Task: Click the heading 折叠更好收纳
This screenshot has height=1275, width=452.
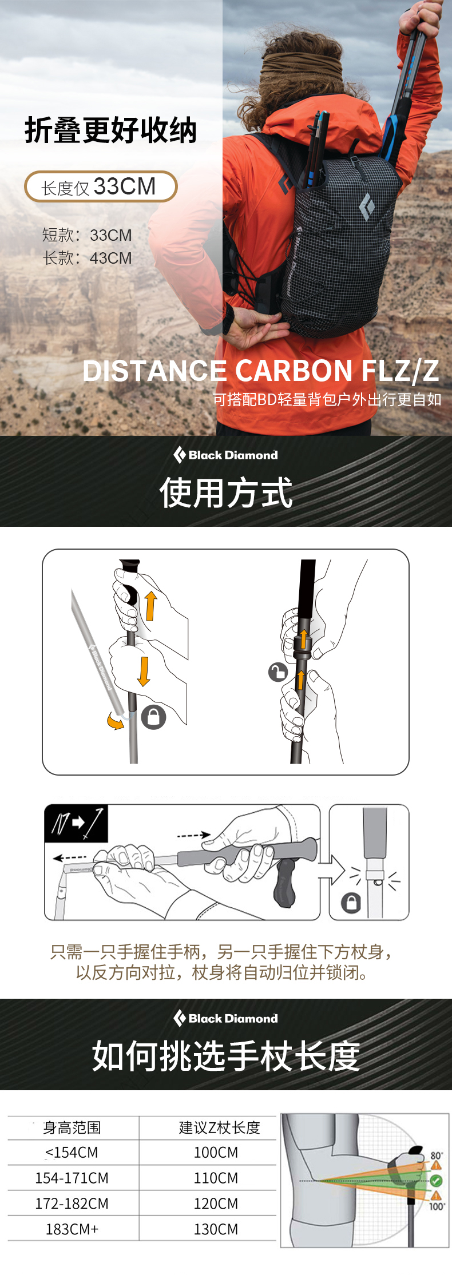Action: (111, 130)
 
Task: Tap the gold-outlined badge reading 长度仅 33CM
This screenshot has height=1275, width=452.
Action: (101, 186)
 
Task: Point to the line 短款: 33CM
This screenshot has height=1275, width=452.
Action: (87, 235)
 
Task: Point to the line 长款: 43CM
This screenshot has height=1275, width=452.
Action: (87, 258)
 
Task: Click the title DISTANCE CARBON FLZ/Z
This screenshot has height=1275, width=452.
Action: (261, 371)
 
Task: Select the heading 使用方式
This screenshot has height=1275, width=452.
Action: (226, 492)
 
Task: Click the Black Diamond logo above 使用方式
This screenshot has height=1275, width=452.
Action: (225, 455)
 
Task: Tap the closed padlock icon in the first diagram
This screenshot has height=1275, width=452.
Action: (153, 717)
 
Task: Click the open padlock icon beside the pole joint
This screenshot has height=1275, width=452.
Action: (278, 672)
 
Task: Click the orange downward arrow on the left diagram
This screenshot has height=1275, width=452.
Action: (144, 671)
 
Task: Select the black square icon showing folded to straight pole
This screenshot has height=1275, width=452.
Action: (76, 824)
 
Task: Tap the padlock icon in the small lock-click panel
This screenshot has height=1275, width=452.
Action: (351, 903)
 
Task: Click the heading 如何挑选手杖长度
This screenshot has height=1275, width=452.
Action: (226, 1056)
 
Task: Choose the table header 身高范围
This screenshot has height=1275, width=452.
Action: (72, 1127)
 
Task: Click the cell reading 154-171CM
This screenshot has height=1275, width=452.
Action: (72, 1178)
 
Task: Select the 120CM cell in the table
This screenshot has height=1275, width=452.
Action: (216, 1203)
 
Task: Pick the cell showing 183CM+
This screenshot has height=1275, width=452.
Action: (72, 1229)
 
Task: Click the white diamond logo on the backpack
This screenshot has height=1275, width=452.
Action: (366, 207)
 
